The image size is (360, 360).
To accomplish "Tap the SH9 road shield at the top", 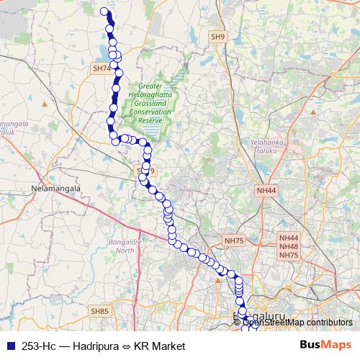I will (x=218, y=35).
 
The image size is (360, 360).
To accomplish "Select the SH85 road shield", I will (x=99, y=311).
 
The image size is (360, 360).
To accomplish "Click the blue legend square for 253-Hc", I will (x=9, y=346).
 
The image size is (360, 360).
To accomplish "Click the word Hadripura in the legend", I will (x=97, y=346).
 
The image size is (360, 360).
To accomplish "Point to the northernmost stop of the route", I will (x=104, y=11).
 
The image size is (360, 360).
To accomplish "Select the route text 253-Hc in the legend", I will (x=41, y=346).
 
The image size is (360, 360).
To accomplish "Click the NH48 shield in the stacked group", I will (x=289, y=246).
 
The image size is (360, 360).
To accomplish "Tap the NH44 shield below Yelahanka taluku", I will (x=266, y=190).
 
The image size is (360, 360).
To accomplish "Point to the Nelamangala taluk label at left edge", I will (x=10, y=127).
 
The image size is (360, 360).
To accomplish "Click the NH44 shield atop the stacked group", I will (x=289, y=237).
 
